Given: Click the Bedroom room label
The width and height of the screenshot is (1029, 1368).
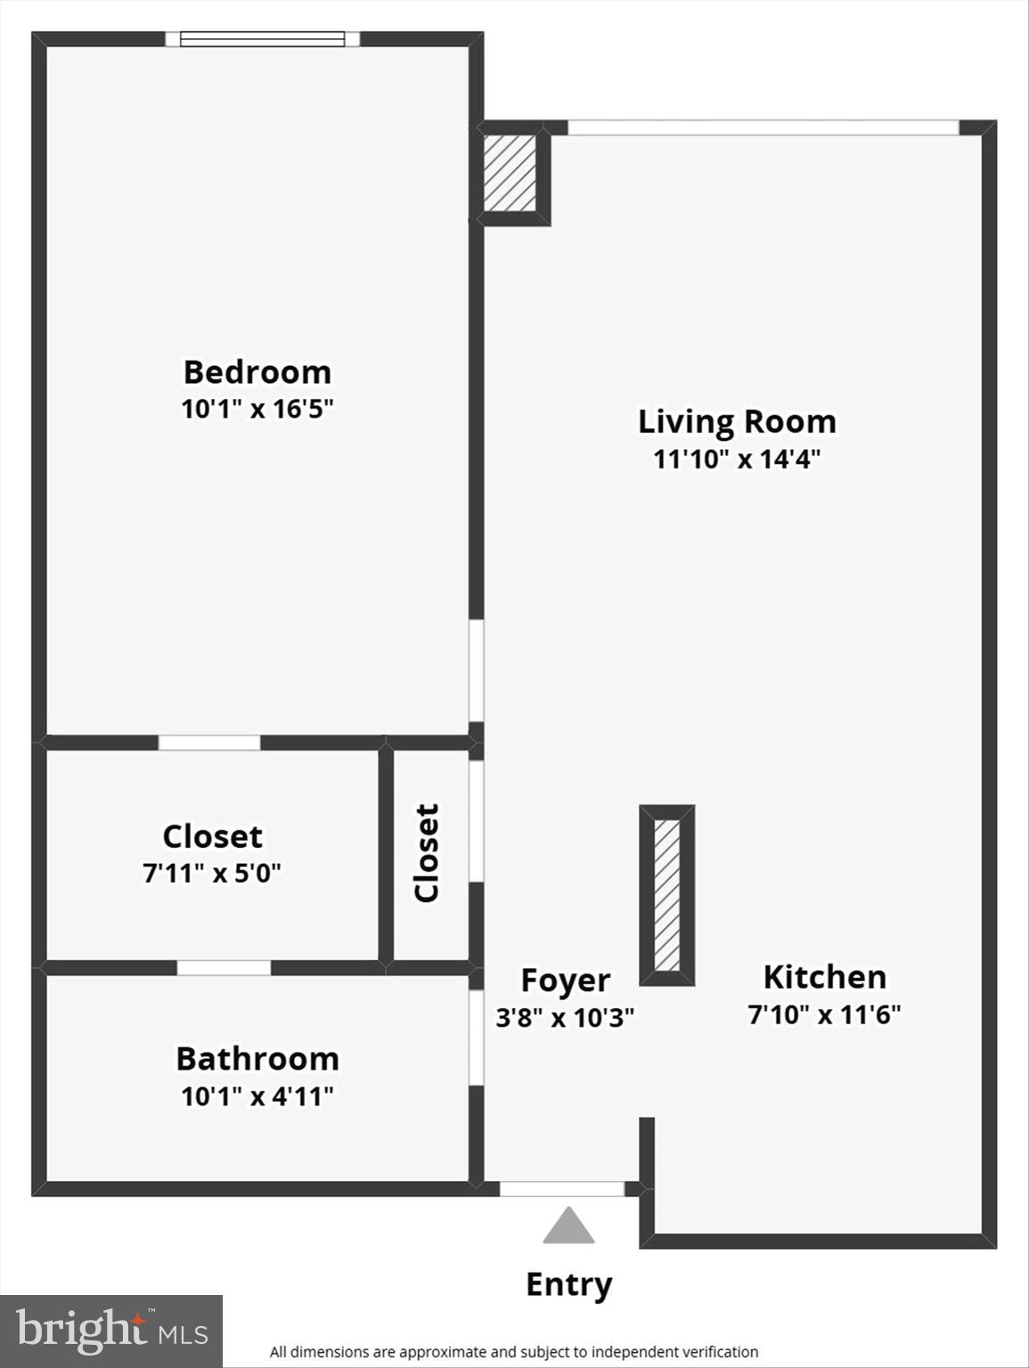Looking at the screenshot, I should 257,371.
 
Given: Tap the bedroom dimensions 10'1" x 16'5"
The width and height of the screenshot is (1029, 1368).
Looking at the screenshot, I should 257,410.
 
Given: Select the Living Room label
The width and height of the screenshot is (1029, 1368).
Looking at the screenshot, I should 737,421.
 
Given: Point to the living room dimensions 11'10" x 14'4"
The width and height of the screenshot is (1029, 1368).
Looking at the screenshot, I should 737,460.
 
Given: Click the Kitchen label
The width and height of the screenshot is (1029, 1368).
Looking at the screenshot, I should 824,977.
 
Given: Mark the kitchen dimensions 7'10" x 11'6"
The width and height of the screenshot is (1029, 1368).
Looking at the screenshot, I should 824,1014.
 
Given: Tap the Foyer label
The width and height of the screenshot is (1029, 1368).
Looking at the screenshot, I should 565,980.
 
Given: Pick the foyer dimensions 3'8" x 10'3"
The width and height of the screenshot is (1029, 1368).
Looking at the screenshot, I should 565,1017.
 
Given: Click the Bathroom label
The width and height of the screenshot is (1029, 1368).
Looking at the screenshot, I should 257,1059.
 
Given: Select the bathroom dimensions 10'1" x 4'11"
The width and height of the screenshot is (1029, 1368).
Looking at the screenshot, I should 257,1096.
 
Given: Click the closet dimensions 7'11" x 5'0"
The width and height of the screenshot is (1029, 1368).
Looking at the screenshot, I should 212,874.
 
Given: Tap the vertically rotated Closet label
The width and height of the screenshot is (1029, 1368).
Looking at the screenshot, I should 428,853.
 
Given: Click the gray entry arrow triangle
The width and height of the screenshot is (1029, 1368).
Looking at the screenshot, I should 568,1227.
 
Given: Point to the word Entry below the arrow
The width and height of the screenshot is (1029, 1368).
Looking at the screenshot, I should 568,1284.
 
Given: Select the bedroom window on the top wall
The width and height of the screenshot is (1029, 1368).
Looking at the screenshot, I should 262,38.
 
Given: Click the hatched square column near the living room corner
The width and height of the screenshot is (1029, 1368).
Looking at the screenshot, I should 510,173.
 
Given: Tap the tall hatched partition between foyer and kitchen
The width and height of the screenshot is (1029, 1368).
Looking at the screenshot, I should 666,895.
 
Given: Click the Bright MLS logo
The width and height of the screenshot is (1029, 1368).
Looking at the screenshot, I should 111,1331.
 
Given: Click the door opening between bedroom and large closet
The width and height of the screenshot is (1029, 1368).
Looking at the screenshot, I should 209,743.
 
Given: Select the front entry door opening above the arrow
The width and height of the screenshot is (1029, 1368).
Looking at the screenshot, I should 561,1189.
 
